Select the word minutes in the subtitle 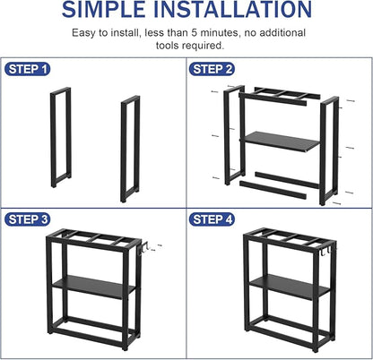(x=227, y=33)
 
